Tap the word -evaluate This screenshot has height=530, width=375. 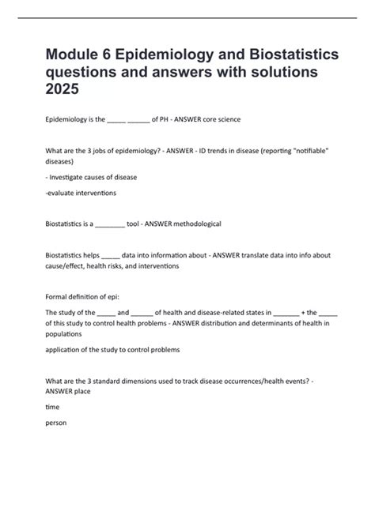[x=64, y=192]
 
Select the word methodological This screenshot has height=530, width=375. [x=195, y=224]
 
